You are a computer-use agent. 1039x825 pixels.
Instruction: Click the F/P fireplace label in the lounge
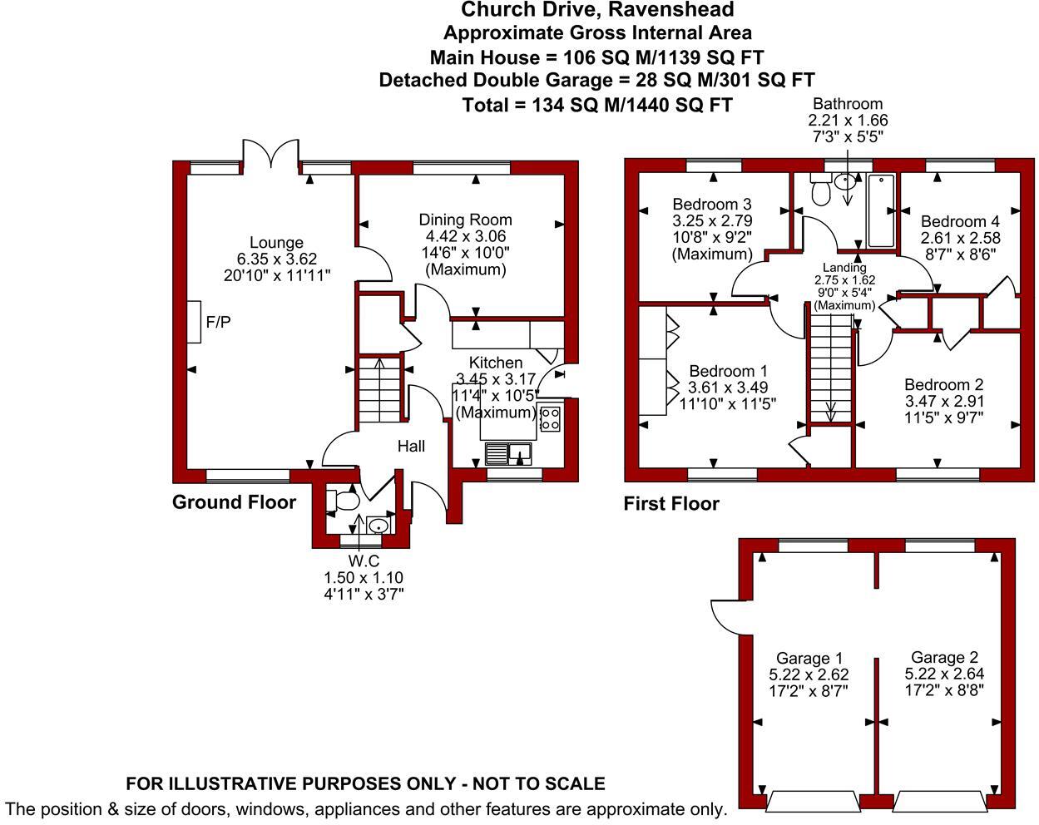pos(218,322)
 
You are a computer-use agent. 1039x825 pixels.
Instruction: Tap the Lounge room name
pos(276,243)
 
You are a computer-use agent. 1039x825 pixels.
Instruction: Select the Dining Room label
pos(465,220)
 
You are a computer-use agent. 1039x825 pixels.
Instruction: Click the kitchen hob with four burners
pos(549,417)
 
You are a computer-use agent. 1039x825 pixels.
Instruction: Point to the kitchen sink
pos(508,454)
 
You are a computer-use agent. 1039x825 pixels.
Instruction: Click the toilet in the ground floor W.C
pos(343,501)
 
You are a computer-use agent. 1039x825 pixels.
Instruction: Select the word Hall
pos(411,447)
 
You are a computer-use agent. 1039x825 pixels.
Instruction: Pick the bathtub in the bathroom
pos(880,211)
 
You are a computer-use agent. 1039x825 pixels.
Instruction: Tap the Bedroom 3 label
pos(712,205)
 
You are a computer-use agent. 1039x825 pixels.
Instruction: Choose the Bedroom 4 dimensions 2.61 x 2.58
pos(960,238)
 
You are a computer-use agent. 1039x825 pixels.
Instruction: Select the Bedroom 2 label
pos(943,385)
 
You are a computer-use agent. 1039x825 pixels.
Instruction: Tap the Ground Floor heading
pos(234,502)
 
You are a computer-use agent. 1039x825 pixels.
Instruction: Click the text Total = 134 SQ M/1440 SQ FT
pos(596,105)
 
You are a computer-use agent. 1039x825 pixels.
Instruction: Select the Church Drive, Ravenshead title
pos(597,10)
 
